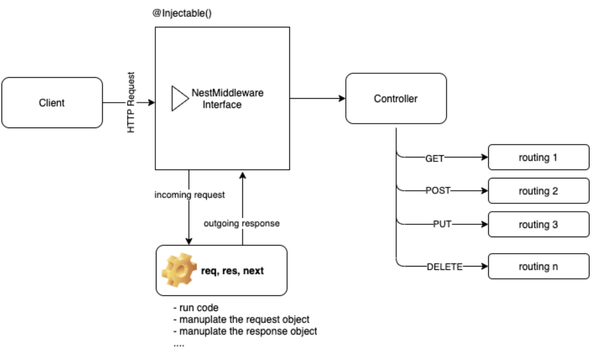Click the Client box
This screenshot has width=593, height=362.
[x=52, y=103]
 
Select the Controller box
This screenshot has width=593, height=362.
[x=396, y=99]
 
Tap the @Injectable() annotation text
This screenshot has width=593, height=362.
[x=182, y=13]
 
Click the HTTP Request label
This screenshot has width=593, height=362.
[x=131, y=102]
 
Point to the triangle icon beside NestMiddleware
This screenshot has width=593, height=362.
[x=179, y=98]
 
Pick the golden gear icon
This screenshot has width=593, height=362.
[x=179, y=270]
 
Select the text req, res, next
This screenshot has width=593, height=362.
[x=232, y=271]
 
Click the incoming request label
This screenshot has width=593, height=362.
[x=189, y=195]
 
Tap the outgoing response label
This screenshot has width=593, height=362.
[x=241, y=224]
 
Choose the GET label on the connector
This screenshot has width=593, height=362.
[x=434, y=158]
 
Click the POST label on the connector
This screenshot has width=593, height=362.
[x=438, y=190]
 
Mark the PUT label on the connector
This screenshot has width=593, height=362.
[x=442, y=224]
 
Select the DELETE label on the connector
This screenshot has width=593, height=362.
[x=445, y=267]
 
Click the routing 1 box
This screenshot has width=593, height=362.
[x=538, y=157]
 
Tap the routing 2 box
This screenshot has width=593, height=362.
[x=538, y=191]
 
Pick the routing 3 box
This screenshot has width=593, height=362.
[x=538, y=225]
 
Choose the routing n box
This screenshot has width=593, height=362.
[x=538, y=266]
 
